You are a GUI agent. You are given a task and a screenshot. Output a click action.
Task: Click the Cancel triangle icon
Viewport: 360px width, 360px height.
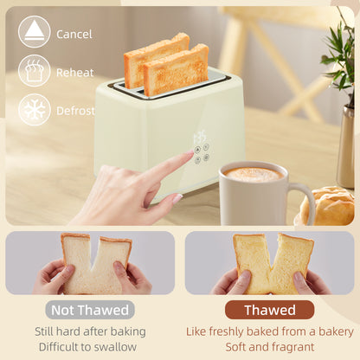pos(35,32)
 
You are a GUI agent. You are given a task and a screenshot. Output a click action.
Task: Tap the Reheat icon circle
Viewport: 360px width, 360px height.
pos(35,71)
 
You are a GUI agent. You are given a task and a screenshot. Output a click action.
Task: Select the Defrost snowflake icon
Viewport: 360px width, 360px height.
pos(35,110)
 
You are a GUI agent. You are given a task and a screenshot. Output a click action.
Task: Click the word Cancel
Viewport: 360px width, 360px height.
pos(74,34)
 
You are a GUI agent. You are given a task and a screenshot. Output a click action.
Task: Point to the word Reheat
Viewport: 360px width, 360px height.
pos(74,73)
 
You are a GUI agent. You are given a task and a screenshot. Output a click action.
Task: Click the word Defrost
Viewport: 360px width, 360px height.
pos(75,111)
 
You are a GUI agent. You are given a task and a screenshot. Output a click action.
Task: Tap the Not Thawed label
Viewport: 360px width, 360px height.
pos(90,310)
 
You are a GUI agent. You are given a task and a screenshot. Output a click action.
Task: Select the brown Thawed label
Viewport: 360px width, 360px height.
pos(270,310)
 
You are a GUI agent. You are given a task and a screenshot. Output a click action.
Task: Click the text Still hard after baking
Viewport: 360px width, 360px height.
pos(90,331)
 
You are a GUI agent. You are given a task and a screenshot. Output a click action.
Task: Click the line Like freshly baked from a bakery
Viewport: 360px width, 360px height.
pos(270,331)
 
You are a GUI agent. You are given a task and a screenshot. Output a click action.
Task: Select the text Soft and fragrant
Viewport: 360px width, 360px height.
pos(270,347)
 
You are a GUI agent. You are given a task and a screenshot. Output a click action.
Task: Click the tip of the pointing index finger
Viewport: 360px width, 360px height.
pos(190,155)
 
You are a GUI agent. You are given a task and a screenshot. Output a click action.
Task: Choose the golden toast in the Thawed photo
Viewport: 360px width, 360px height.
pos(271,262)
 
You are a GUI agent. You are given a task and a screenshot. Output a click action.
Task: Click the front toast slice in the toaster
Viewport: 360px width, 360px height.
pos(176,71)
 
